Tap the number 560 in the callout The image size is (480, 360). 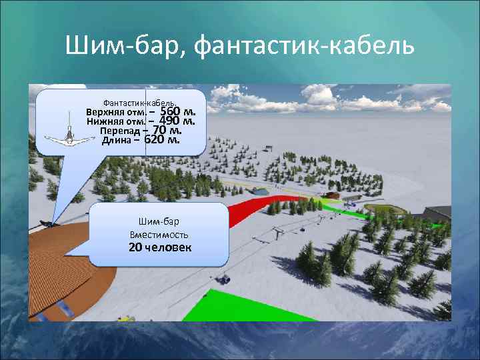175,111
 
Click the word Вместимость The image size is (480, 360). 159,235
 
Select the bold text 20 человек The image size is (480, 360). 159,247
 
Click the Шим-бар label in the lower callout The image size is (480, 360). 159,222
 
